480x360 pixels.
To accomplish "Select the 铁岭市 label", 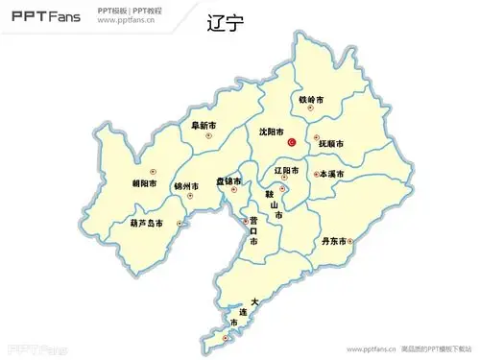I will (x=311, y=100).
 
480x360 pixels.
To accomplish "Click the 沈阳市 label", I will (x=272, y=132).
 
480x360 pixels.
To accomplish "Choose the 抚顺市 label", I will (x=331, y=144).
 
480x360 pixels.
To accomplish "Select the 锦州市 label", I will (x=186, y=185).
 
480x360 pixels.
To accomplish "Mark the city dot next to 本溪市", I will (x=318, y=174).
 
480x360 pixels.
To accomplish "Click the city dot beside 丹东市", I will (x=351, y=241).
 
